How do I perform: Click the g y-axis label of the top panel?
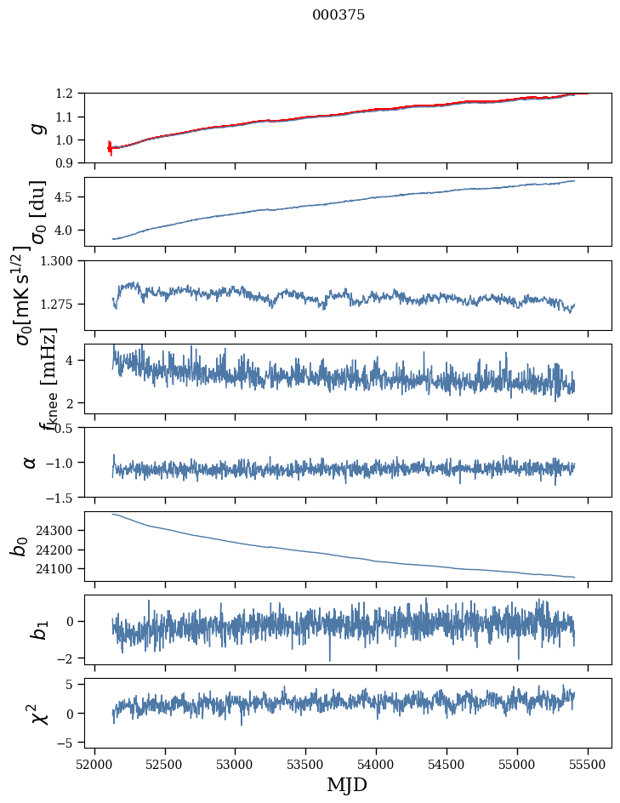[x=36, y=128]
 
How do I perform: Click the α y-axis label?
[x=31, y=462]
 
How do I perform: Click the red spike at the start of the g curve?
[x=110, y=147]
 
